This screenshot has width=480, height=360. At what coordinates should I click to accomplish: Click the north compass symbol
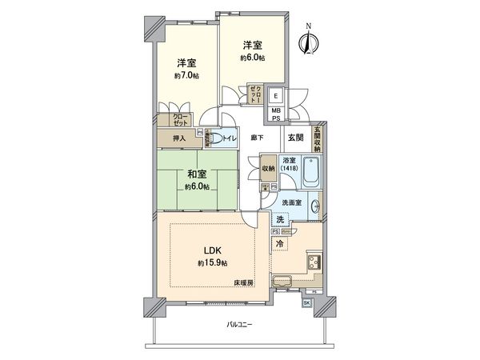(306, 41)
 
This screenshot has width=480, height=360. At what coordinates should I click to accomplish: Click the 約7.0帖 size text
(186, 76)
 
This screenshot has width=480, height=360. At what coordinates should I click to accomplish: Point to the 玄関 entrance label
(295, 138)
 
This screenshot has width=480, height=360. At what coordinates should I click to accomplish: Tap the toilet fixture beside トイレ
(214, 138)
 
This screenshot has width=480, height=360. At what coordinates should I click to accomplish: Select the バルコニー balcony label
(240, 325)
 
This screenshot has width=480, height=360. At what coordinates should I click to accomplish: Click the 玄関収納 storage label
(317, 137)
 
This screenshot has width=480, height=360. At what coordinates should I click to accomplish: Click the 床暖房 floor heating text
(243, 283)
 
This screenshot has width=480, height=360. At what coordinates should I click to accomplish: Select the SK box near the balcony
(306, 302)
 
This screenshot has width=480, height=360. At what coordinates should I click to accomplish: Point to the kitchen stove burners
(314, 262)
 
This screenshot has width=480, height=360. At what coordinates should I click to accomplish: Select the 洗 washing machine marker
(280, 219)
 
